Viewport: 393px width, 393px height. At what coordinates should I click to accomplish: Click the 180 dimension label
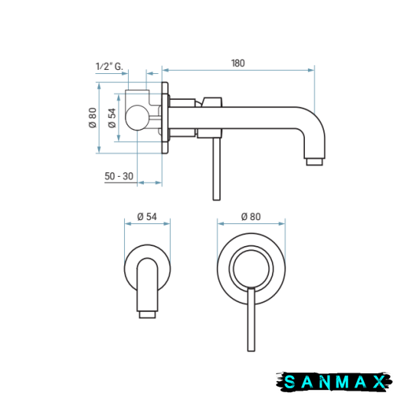pyautogui.click(x=238, y=63)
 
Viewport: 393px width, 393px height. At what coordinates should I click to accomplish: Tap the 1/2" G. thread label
pyautogui.click(x=109, y=66)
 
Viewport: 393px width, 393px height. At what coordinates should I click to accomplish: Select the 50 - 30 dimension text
pyautogui.click(x=119, y=176)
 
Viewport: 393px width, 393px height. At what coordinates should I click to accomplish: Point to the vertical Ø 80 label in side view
pyautogui.click(x=93, y=118)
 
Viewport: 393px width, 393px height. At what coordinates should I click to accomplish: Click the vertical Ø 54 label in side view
pyautogui.click(x=112, y=118)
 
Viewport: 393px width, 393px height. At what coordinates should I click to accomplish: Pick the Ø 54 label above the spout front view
pyautogui.click(x=147, y=217)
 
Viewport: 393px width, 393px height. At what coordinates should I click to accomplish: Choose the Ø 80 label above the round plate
pyautogui.click(x=251, y=217)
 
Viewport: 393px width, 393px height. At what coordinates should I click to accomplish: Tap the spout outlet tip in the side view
pyautogui.click(x=314, y=162)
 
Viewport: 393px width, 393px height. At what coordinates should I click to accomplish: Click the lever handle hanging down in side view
pyautogui.click(x=217, y=169)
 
